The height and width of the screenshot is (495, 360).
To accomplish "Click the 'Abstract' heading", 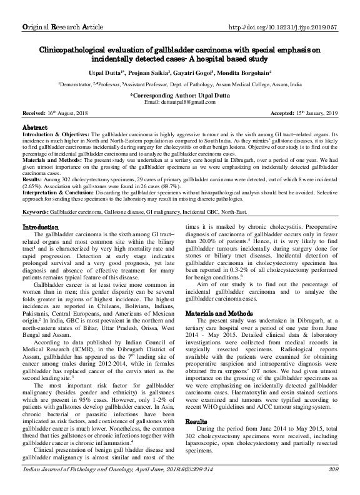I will tap(34, 126).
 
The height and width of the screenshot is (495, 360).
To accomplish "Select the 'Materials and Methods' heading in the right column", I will tap(218, 312).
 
